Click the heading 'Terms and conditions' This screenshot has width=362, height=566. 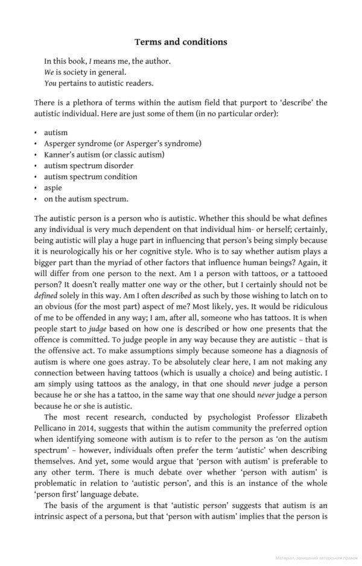point(180,42)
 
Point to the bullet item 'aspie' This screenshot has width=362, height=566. point(52,187)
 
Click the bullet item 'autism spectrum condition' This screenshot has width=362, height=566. point(90,177)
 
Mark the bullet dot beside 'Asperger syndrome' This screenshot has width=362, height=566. point(36,143)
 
